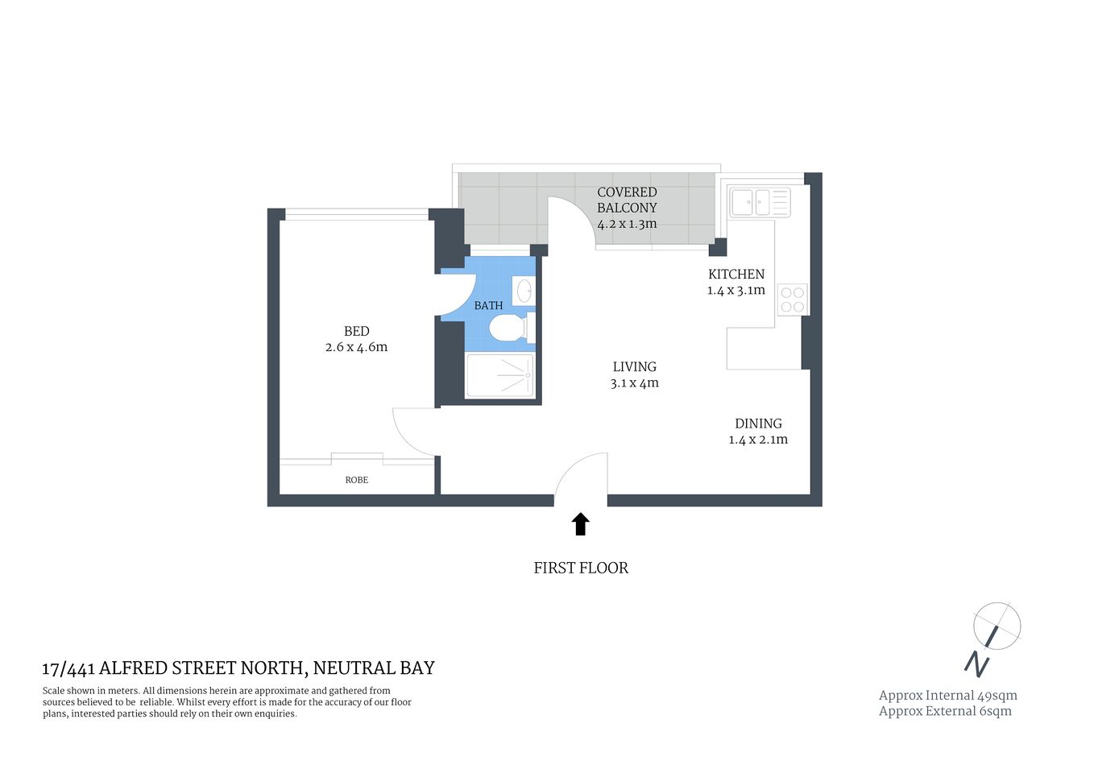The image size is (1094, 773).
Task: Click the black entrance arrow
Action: pos(580,524)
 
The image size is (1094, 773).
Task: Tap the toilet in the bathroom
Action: pos(508,328)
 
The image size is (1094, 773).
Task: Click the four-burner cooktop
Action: pos(792,300)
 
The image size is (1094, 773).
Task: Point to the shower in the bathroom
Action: pos(500,375)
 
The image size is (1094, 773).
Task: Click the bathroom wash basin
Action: pos(524,290)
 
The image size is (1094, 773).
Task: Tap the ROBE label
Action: pos(356,480)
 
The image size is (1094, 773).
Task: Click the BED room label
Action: pos(356,331)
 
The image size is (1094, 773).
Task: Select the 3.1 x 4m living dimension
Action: pos(634,383)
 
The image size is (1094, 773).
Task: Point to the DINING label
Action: pos(758,424)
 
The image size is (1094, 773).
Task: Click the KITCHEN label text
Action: pos(736,274)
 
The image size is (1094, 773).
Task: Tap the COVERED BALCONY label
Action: pos(627,200)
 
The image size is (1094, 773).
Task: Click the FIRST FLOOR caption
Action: pos(580,568)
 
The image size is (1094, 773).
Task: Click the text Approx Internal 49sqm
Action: pos(947,695)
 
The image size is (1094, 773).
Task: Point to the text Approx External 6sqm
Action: pos(944,711)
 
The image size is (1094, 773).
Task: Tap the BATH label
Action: pos(488,306)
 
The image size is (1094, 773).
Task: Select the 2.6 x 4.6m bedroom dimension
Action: pos(356,347)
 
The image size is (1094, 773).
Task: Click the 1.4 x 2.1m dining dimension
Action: pos(758,440)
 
